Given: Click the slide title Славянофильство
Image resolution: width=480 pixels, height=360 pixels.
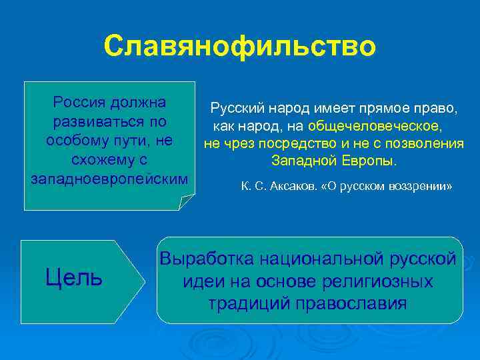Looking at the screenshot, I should pos(240,46).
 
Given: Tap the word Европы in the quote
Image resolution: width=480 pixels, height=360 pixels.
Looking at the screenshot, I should pos(372,161).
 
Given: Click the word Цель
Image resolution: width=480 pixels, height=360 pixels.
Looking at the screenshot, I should pos(74,276).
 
